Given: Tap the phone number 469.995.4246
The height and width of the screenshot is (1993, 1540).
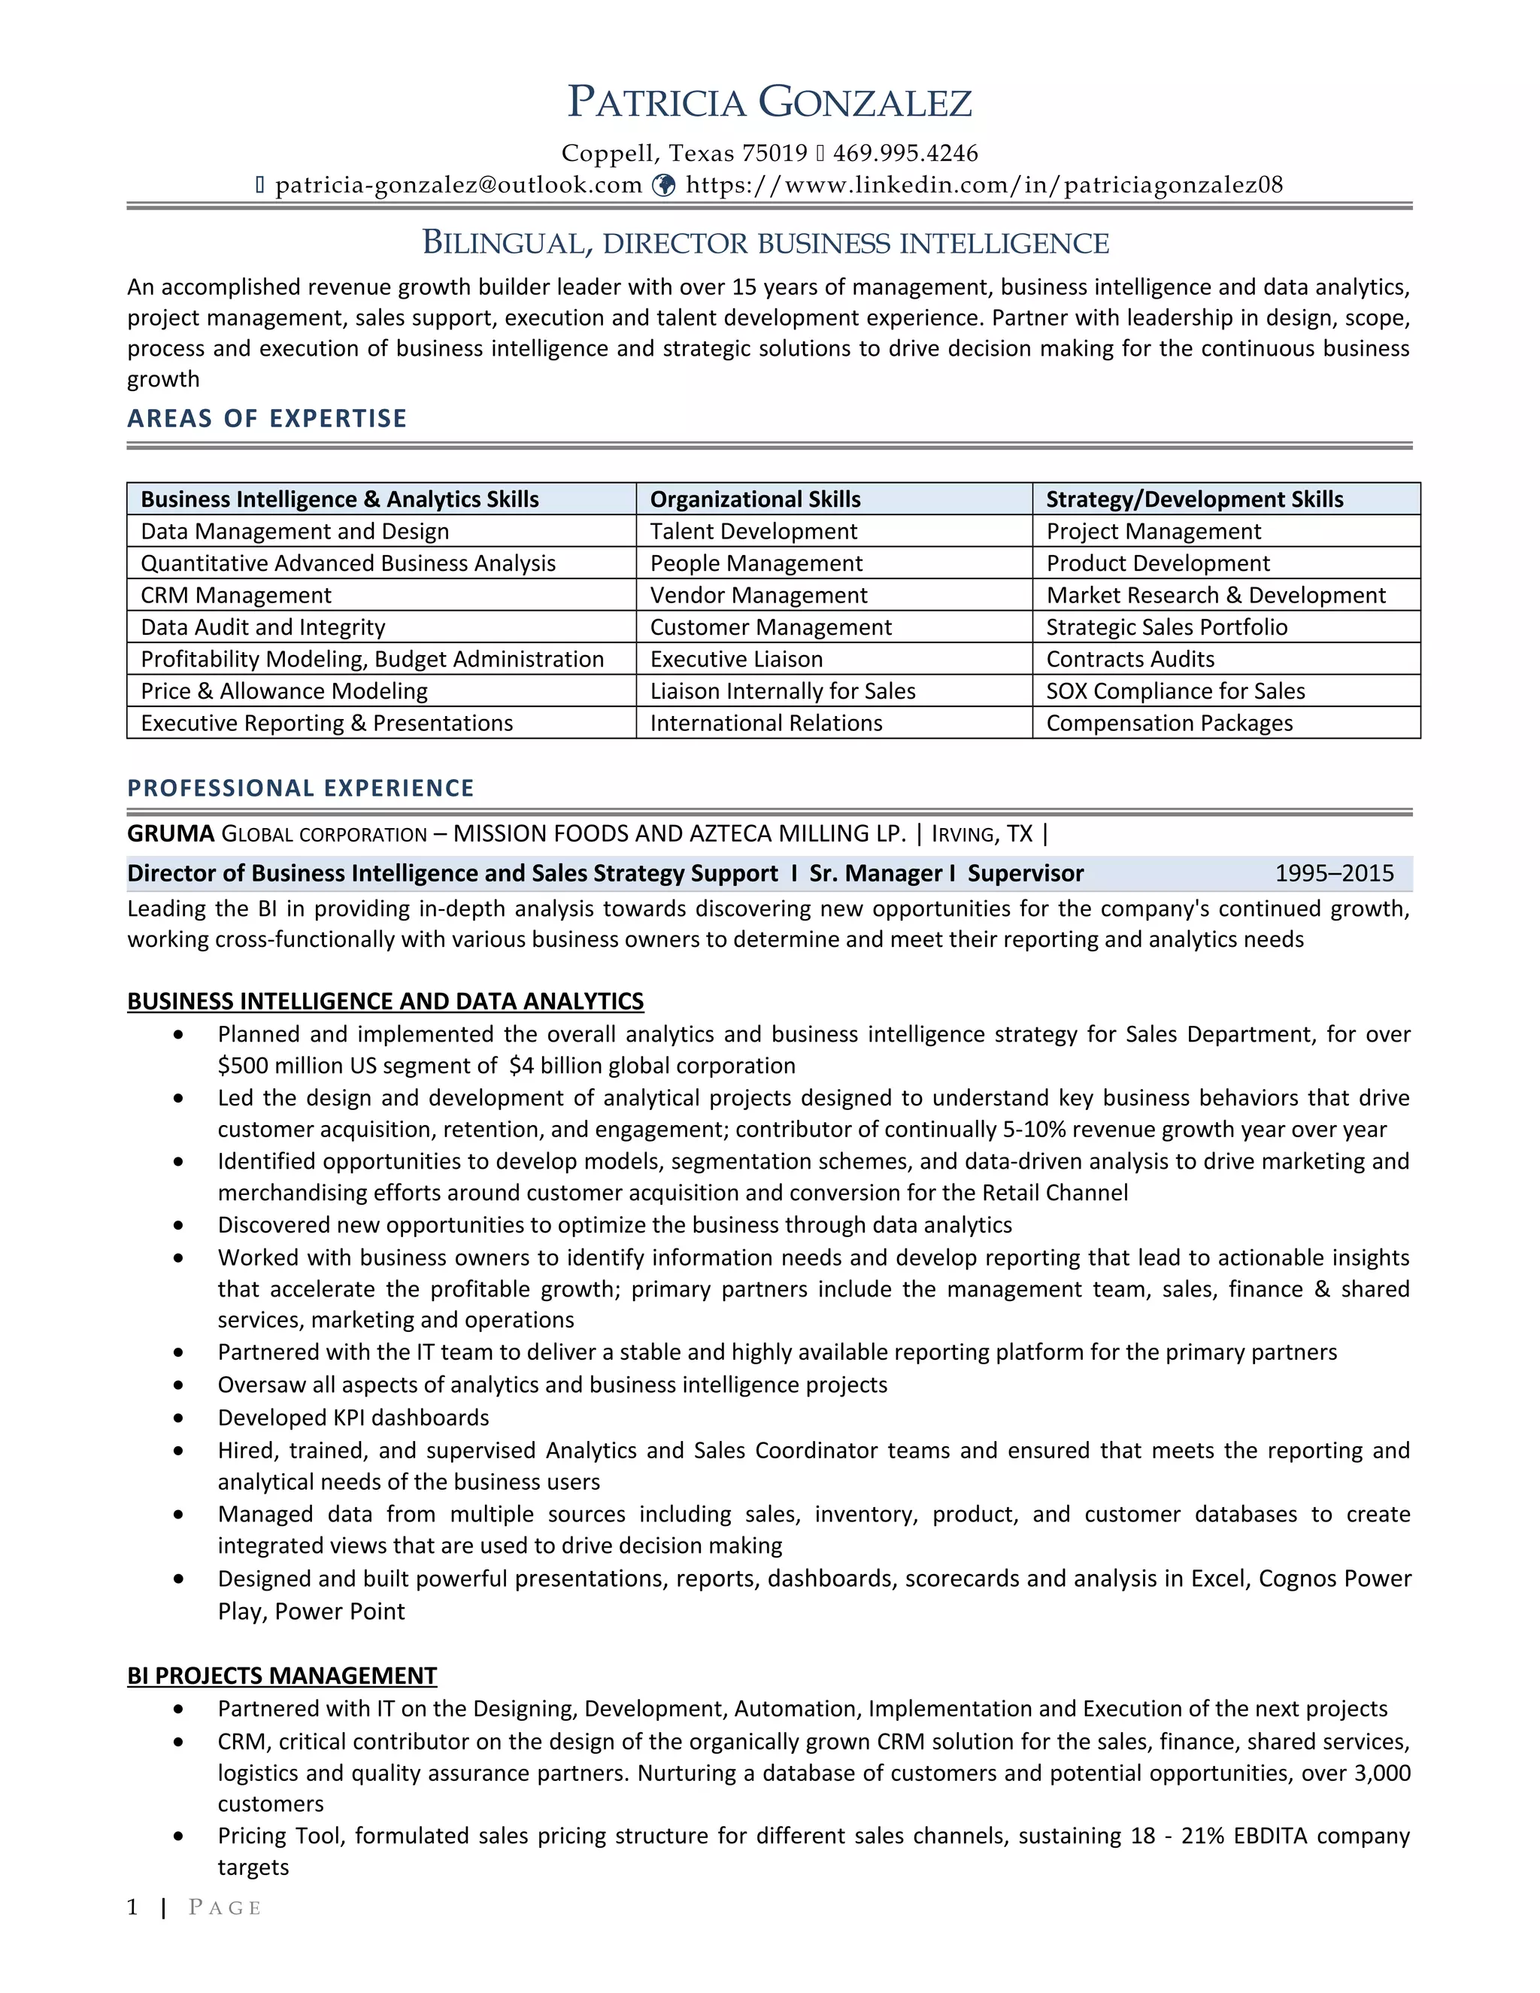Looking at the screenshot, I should [x=905, y=153].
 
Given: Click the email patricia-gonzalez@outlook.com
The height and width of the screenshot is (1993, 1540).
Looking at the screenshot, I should [x=458, y=185].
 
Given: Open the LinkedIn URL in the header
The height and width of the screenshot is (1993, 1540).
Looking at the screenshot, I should [x=984, y=185].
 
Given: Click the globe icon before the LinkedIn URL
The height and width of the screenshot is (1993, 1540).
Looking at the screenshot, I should [x=665, y=185].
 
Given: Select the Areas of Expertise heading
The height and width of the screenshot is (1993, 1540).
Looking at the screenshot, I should [x=266, y=418].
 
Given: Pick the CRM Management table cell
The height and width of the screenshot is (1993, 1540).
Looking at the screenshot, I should [x=235, y=595].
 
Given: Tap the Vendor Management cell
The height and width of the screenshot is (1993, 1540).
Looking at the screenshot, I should [x=758, y=595].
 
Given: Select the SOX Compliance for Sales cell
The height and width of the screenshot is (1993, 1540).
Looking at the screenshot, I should [x=1175, y=691].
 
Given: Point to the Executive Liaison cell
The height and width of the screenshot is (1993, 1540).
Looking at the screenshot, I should [x=735, y=659].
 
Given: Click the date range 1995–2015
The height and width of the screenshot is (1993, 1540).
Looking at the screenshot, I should [x=1333, y=873].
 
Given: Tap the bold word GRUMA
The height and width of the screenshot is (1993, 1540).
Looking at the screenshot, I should [x=171, y=833].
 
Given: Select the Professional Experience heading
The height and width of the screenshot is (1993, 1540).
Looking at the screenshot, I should [x=300, y=787].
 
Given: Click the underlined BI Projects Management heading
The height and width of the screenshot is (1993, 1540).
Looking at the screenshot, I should [x=282, y=1676].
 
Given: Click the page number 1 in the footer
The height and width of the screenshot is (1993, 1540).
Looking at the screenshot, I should [x=133, y=1907].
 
